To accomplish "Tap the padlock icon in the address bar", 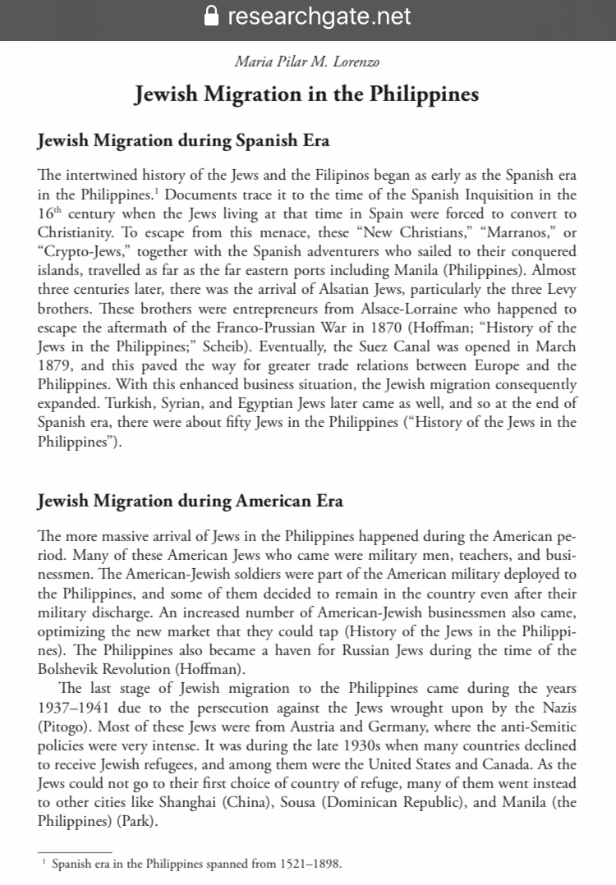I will (x=211, y=16).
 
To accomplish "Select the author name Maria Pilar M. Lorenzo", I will (x=307, y=61).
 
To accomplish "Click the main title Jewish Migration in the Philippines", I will (x=307, y=94).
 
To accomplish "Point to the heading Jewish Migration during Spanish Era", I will (x=184, y=140).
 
